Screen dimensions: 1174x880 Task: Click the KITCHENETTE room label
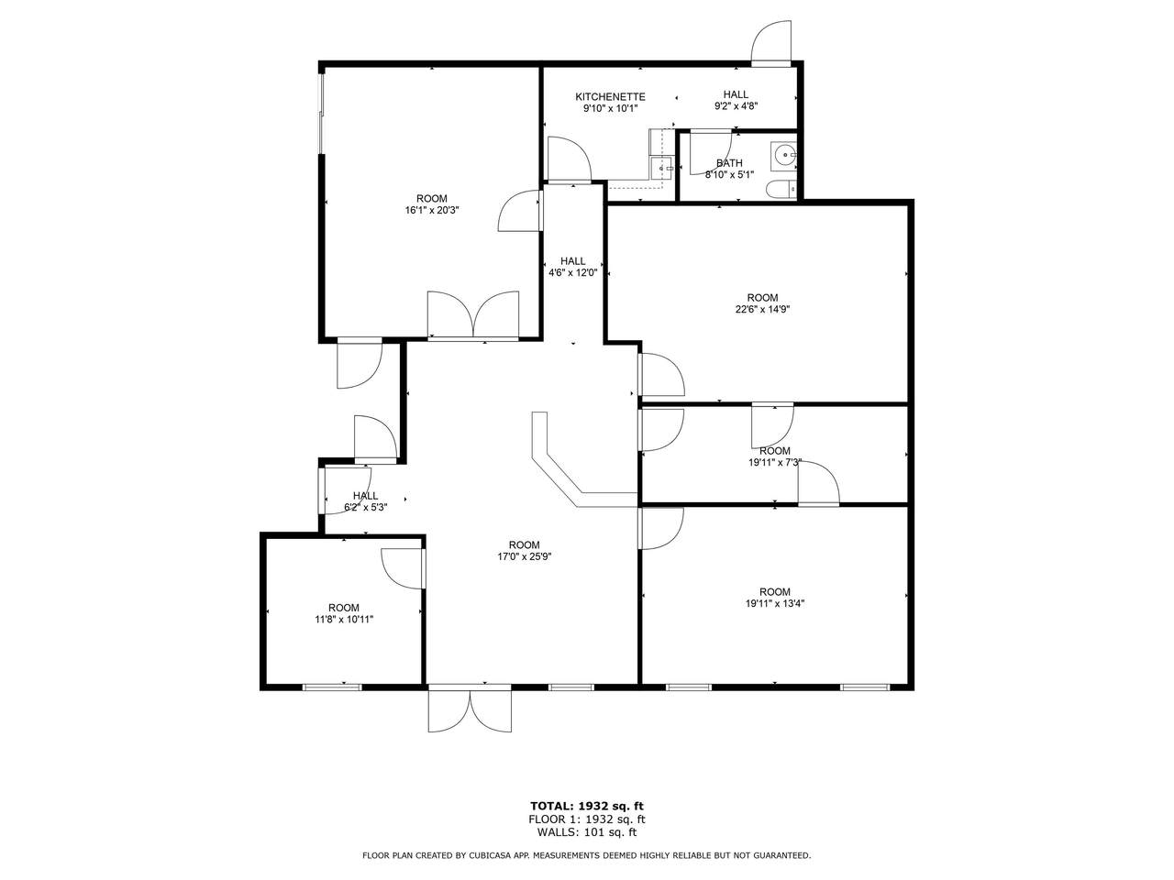610,97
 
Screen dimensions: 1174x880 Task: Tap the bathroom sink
783,156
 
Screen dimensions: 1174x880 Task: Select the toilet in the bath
781,190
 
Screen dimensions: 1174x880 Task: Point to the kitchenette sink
663,169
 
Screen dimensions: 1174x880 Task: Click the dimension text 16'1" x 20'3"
432,210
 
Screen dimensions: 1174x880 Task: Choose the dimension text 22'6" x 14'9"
763,309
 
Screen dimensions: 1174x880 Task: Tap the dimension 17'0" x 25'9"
524,556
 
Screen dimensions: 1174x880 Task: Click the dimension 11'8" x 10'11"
344,620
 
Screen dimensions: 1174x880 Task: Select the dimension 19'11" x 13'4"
775,603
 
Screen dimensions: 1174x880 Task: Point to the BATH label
729,163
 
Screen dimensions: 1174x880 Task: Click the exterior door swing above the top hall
770,43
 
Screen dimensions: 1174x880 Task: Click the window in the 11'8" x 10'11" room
332,687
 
